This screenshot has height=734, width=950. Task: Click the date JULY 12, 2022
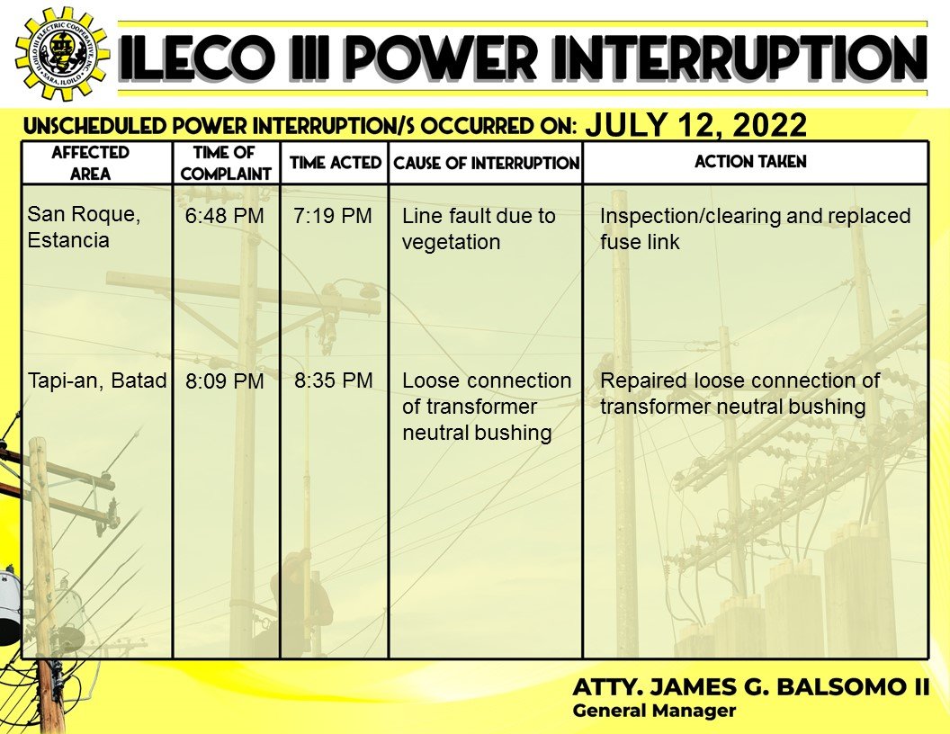pos(695,125)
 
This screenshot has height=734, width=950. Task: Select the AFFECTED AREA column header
pos(90,163)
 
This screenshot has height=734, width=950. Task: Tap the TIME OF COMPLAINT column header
pos(226,163)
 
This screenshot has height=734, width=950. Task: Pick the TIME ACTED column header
pos(335,162)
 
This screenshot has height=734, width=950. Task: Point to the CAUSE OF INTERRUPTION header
pos(487,163)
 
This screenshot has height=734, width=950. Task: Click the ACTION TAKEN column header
pos(750,162)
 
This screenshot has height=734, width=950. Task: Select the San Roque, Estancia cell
pos(85,227)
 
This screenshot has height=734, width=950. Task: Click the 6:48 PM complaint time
pos(225,216)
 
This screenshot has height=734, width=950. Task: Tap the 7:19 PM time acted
pos(333,216)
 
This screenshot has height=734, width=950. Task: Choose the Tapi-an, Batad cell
pos(97,380)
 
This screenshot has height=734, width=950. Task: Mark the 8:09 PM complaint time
pos(225,380)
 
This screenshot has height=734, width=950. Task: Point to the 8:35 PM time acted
pos(333,380)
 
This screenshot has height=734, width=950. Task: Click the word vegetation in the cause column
pos(452,242)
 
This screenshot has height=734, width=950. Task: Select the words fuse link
pos(640,242)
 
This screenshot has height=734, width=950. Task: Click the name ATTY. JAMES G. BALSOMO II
pos(750,686)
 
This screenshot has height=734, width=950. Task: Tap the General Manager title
pos(654,711)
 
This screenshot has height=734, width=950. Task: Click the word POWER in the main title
pos(439,58)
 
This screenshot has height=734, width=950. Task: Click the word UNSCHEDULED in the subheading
pos(95,126)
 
